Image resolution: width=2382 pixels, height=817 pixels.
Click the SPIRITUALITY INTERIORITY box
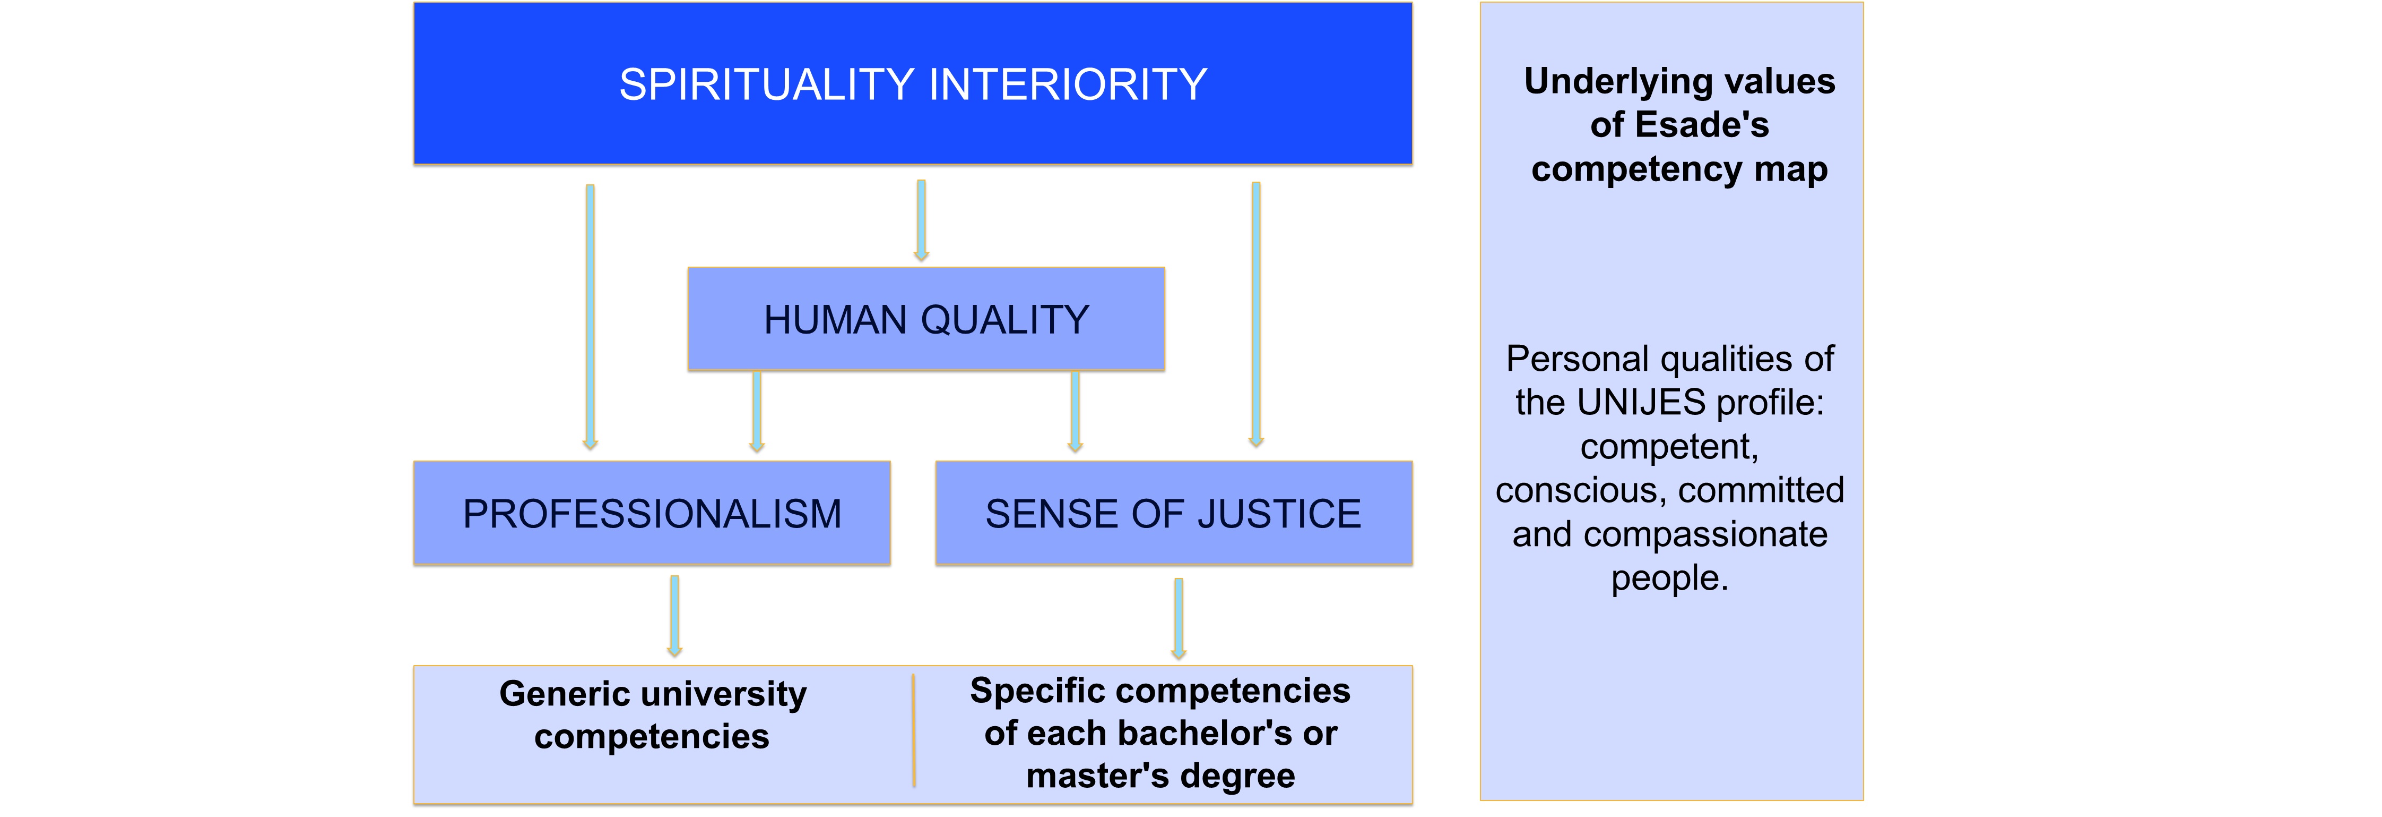pyautogui.click(x=913, y=84)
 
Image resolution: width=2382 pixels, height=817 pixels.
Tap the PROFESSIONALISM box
pyautogui.click(x=652, y=514)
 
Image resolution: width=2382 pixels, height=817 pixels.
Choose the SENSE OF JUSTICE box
pyautogui.click(x=1173, y=514)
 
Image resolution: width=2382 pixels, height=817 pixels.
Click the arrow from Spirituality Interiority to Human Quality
pyautogui.click(x=921, y=220)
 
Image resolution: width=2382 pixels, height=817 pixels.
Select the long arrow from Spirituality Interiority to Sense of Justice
pyautogui.click(x=1255, y=314)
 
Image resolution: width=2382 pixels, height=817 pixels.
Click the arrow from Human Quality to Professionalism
pyautogui.click(x=756, y=412)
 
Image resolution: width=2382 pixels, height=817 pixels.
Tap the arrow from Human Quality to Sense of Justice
pyautogui.click(x=1075, y=412)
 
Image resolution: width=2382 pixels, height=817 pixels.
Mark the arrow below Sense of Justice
pyautogui.click(x=1178, y=618)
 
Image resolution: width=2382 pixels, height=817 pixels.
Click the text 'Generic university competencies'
pyautogui.click(x=652, y=714)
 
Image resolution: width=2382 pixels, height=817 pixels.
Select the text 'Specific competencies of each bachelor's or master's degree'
pyautogui.click(x=1159, y=733)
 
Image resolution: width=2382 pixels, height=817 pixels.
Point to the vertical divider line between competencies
pyautogui.click(x=914, y=731)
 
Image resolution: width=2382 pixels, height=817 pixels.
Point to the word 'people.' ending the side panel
pyautogui.click(x=1669, y=578)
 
